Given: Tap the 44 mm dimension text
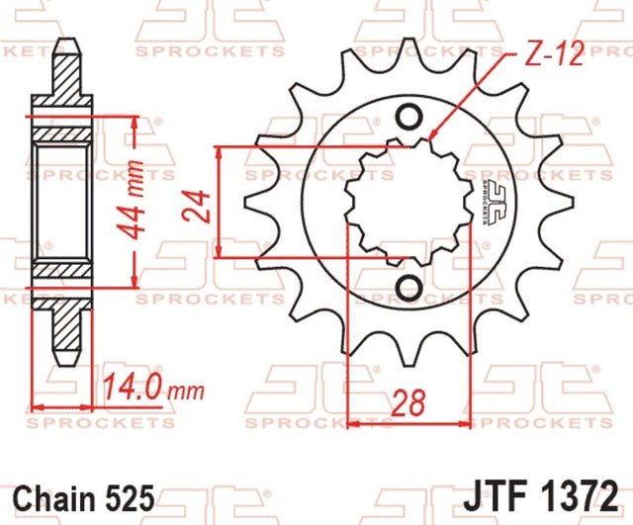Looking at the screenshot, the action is click(130, 201).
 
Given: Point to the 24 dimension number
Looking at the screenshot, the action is click(196, 207).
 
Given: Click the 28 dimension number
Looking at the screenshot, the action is click(408, 403).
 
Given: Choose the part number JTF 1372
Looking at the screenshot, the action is click(541, 495).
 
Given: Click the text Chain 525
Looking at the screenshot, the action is click(84, 497).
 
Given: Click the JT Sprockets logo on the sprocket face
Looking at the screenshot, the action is click(492, 202).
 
